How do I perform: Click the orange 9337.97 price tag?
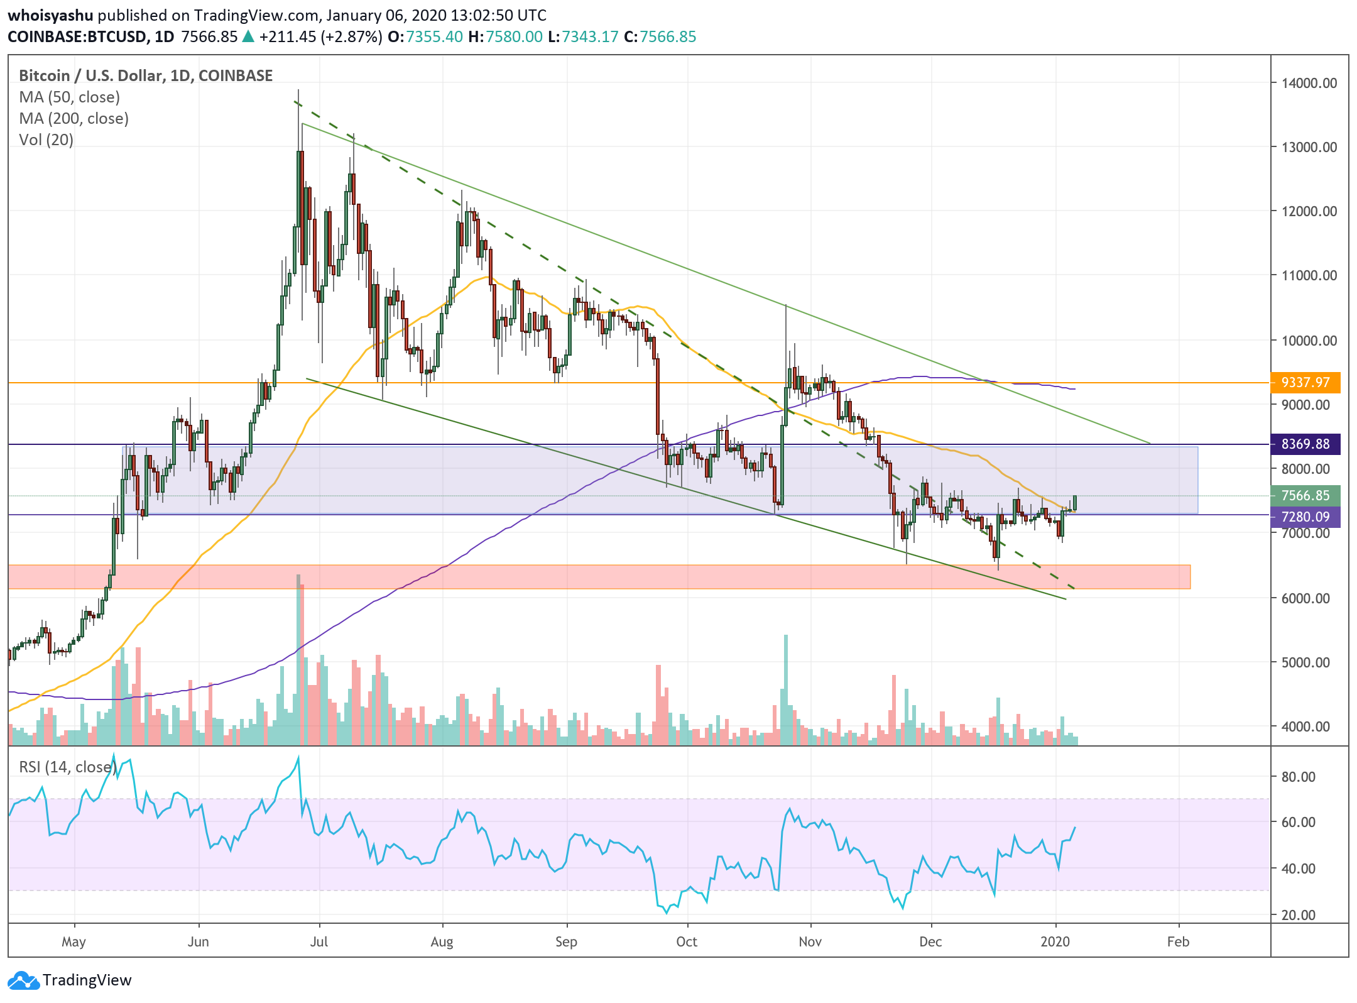[x=1305, y=382]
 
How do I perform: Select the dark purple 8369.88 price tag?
[x=1305, y=444]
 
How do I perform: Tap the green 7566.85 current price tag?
[x=1305, y=495]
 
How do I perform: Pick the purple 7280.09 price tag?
[x=1305, y=517]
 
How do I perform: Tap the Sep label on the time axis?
[x=566, y=941]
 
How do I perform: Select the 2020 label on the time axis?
[x=1055, y=941]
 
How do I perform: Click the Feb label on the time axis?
[x=1178, y=941]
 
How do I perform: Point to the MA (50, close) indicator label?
[x=70, y=97]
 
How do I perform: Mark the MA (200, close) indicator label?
[x=74, y=118]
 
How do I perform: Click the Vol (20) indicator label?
[x=46, y=140]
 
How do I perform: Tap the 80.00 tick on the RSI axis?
[x=1298, y=777]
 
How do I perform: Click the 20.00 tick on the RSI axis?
[x=1298, y=915]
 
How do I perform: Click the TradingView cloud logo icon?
[x=24, y=980]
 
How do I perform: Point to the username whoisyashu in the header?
[x=50, y=15]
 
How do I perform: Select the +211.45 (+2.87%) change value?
[x=320, y=36]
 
